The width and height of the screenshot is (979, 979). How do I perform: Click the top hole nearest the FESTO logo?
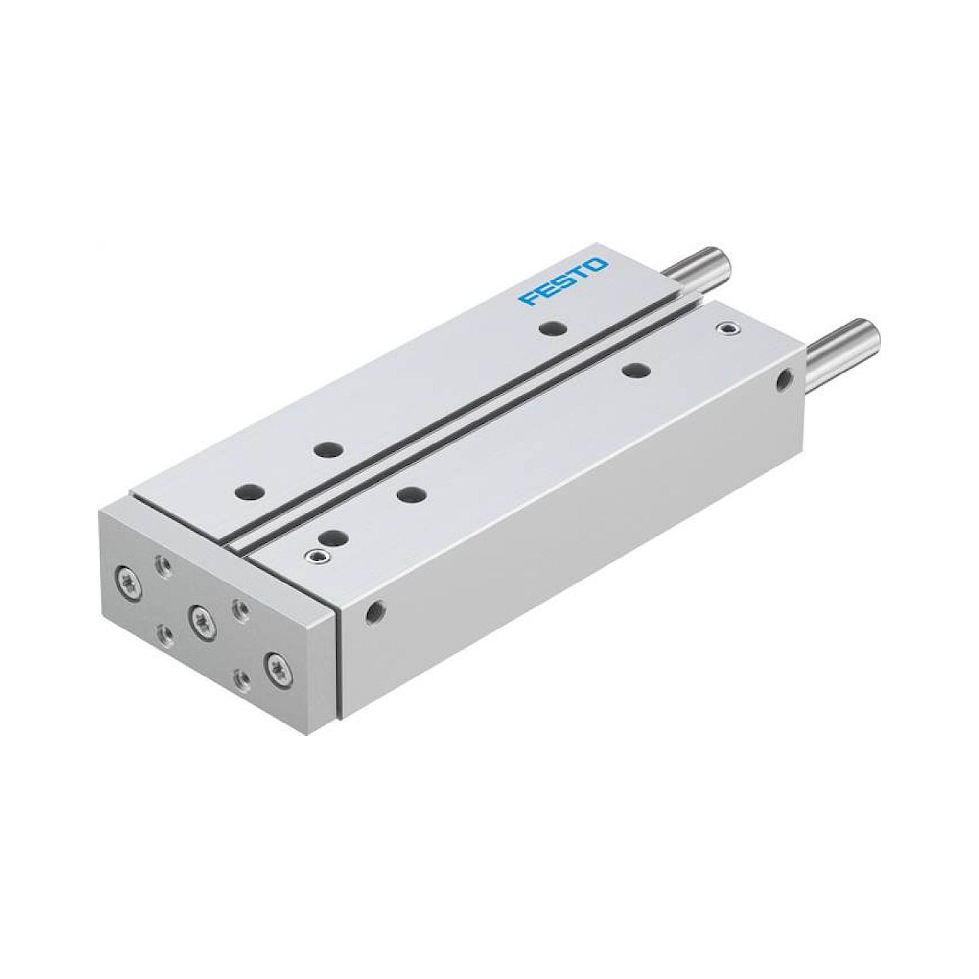pos(553,328)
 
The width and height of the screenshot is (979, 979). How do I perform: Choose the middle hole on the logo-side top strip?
pos(327,448)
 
